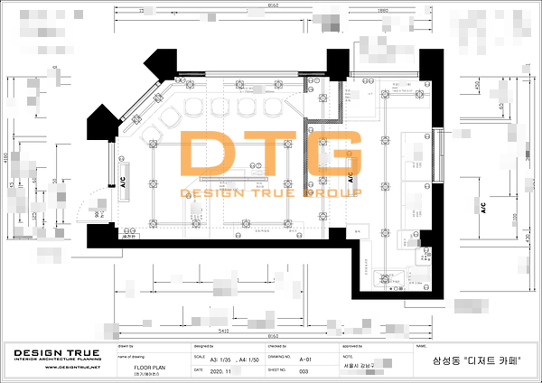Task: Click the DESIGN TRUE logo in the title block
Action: [51, 351]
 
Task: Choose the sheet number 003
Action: [304, 371]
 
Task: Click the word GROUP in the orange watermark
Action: [336, 192]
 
